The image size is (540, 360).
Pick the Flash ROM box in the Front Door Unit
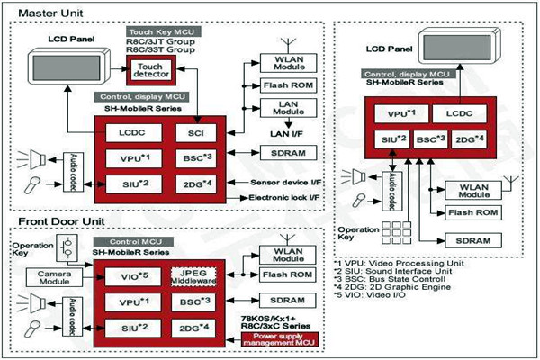pos(290,274)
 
